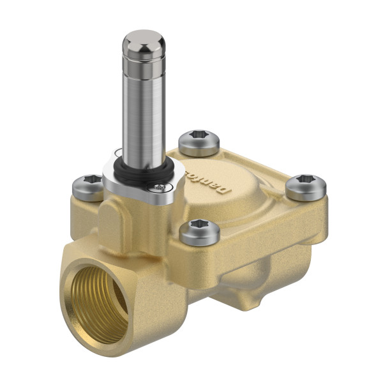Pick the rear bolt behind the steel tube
click(x=199, y=142)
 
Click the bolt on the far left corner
click(x=88, y=187)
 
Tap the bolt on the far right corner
click(x=306, y=186)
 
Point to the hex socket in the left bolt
click(x=88, y=183)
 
